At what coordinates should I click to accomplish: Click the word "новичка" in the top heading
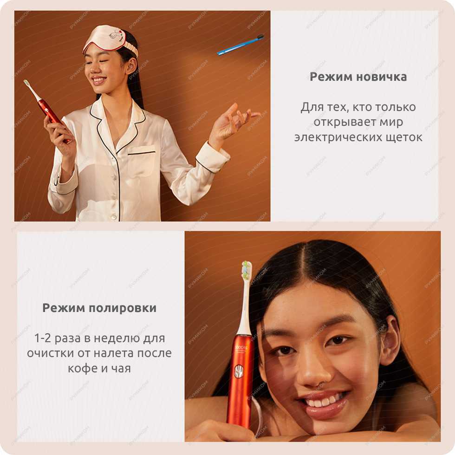[x=381, y=77]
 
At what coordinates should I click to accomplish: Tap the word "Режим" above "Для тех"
[x=331, y=77]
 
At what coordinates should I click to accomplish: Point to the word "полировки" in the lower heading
[x=123, y=308]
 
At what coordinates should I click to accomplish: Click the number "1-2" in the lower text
[x=43, y=338]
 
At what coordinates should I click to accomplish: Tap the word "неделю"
[x=117, y=338]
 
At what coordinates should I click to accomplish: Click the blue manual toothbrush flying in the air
[x=240, y=45]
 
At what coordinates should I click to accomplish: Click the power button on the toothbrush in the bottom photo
[x=238, y=372]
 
